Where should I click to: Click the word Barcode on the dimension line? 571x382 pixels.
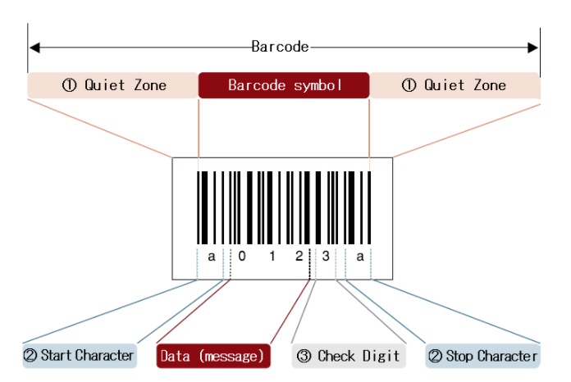pyautogui.click(x=280, y=47)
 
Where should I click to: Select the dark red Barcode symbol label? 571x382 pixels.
pyautogui.click(x=284, y=85)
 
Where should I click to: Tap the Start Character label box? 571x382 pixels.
pyautogui.click(x=79, y=356)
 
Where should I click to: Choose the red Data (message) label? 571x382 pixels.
pyautogui.click(x=212, y=356)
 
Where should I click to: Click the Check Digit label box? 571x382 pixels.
pyautogui.click(x=349, y=356)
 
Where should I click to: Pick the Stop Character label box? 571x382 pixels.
pyautogui.click(x=482, y=356)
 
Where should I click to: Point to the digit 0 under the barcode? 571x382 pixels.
pyautogui.click(x=242, y=257)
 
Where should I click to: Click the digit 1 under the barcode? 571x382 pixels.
pyautogui.click(x=271, y=257)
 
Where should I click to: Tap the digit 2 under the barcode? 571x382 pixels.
pyautogui.click(x=299, y=257)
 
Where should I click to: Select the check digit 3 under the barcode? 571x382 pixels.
pyautogui.click(x=326, y=257)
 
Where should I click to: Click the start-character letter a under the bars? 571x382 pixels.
pyautogui.click(x=212, y=257)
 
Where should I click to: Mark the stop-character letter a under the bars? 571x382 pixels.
pyautogui.click(x=359, y=257)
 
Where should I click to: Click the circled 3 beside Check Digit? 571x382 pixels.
pyautogui.click(x=304, y=356)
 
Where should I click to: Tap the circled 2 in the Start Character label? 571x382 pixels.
pyautogui.click(x=31, y=356)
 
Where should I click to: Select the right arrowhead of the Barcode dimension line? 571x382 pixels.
pyautogui.click(x=536, y=47)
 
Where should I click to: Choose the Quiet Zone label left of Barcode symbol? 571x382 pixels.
pyautogui.click(x=112, y=85)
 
